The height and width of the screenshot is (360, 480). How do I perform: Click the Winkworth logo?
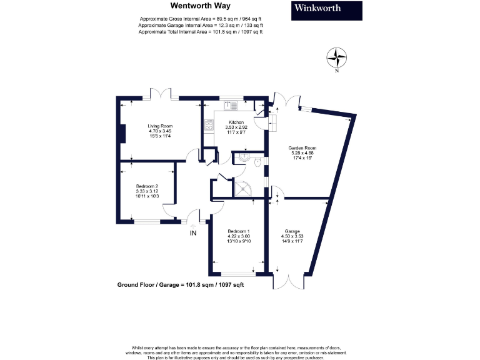tap(327, 10)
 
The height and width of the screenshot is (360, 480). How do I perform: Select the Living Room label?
tap(159, 131)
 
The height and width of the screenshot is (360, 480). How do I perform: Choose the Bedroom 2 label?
tap(147, 191)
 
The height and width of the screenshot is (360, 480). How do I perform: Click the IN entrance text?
tap(194, 232)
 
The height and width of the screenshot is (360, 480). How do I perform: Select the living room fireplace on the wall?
tap(123, 134)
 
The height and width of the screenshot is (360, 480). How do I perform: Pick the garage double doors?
tap(292, 281)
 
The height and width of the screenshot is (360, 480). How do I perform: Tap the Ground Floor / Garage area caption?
tap(181, 284)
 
